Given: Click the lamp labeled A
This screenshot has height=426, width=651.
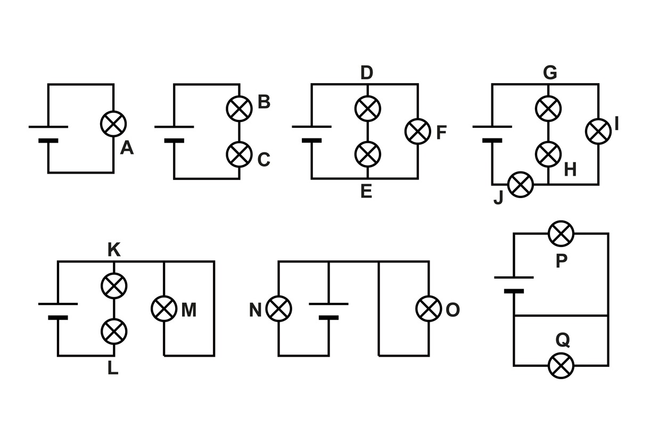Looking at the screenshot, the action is (x=113, y=124).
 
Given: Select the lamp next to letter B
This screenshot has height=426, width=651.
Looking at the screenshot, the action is (x=239, y=109).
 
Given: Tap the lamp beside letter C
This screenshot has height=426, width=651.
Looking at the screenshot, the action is (x=239, y=154).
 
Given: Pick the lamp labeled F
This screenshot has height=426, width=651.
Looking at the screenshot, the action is (x=418, y=132).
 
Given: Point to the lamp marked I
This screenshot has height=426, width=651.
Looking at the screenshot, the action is (x=598, y=132).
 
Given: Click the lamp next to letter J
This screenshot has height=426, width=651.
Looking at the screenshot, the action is (x=521, y=185).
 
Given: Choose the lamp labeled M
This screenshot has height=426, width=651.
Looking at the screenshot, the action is (x=164, y=308).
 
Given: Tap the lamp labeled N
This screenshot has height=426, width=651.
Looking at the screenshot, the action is (x=278, y=308).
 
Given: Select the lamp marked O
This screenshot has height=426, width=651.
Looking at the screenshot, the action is (x=428, y=308).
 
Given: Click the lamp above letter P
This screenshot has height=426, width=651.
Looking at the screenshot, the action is (x=561, y=234).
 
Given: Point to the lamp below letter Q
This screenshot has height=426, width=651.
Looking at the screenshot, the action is (x=561, y=366).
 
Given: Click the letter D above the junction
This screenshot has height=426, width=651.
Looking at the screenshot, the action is (x=367, y=73).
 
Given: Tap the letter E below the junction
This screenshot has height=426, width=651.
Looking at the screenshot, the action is (x=366, y=191).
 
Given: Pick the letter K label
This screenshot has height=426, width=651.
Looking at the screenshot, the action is (x=114, y=250).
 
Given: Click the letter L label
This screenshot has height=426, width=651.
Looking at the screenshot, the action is (x=113, y=368).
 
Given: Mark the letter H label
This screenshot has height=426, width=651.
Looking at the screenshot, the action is (x=570, y=169).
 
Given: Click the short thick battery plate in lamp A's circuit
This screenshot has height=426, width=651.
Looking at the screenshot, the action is (x=48, y=141).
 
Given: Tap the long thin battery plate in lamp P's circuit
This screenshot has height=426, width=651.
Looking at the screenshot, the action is (x=514, y=277).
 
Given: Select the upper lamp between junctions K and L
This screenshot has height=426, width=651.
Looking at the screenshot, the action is (x=114, y=286).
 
